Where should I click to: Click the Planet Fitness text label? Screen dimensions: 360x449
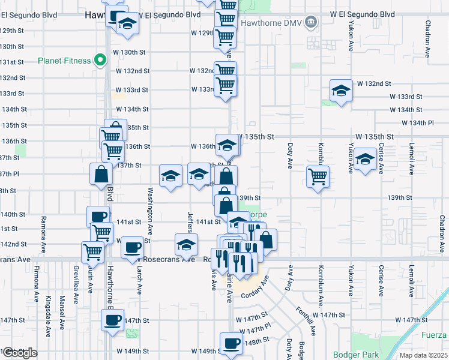coord(64,61)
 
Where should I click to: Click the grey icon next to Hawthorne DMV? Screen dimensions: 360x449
coord(310,23)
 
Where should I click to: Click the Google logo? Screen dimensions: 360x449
coord(19,353)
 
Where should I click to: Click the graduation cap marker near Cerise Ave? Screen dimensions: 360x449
coord(364,160)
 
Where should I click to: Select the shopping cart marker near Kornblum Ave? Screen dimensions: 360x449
coord(318,176)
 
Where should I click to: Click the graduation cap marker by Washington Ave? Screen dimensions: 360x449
coord(170,176)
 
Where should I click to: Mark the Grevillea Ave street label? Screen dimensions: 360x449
coord(76,279)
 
